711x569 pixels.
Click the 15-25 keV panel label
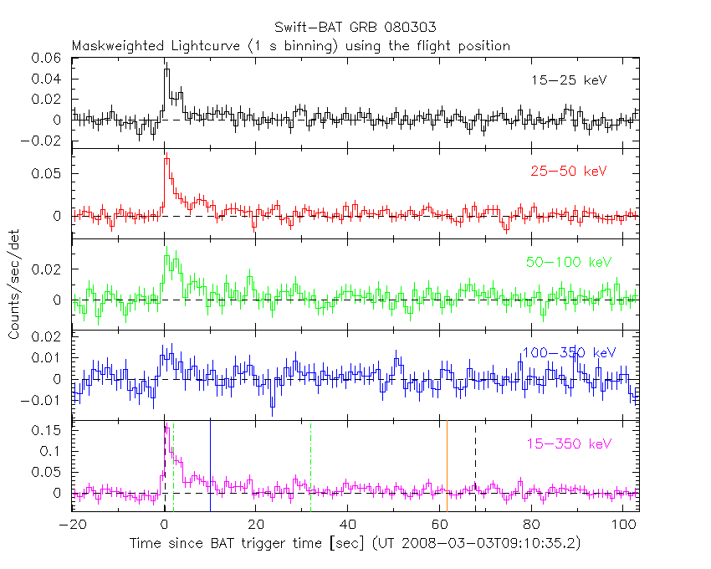(x=568, y=80)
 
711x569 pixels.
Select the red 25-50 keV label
(x=568, y=172)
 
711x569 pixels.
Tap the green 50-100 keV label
(x=569, y=262)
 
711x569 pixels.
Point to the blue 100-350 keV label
(x=568, y=352)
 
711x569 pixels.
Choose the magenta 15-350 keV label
(x=568, y=443)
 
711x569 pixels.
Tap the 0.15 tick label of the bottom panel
(x=50, y=430)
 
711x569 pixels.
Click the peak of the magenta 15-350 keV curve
(x=167, y=429)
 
